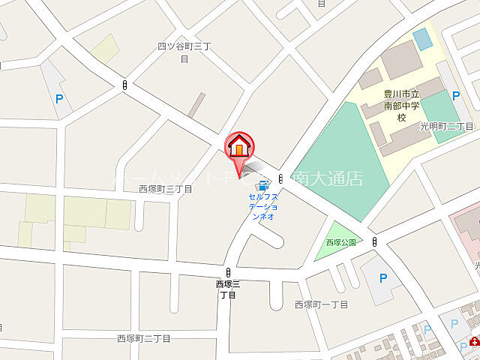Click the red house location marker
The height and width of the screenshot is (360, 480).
click(x=239, y=146)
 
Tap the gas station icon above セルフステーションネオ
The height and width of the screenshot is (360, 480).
click(x=262, y=185)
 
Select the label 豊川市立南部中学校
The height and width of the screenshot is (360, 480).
click(x=400, y=106)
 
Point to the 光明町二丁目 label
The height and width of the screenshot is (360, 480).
click(x=447, y=126)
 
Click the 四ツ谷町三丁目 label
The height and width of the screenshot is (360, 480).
click(x=185, y=52)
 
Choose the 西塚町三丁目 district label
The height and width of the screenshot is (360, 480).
click(x=166, y=189)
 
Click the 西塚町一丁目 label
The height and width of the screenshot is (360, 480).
click(x=322, y=304)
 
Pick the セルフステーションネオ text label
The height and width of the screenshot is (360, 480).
click(x=263, y=206)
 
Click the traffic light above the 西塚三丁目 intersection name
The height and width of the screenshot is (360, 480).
click(x=228, y=272)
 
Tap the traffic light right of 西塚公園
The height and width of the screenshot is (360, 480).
click(x=373, y=241)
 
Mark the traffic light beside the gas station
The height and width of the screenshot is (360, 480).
click(x=280, y=178)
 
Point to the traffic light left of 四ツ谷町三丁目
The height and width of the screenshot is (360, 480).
click(x=124, y=85)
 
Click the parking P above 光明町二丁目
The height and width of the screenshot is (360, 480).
click(x=455, y=96)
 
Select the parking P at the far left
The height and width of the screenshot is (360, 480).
click(x=58, y=97)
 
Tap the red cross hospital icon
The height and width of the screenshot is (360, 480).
click(x=473, y=341)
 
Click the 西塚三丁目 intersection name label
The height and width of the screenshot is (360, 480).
click(x=227, y=289)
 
